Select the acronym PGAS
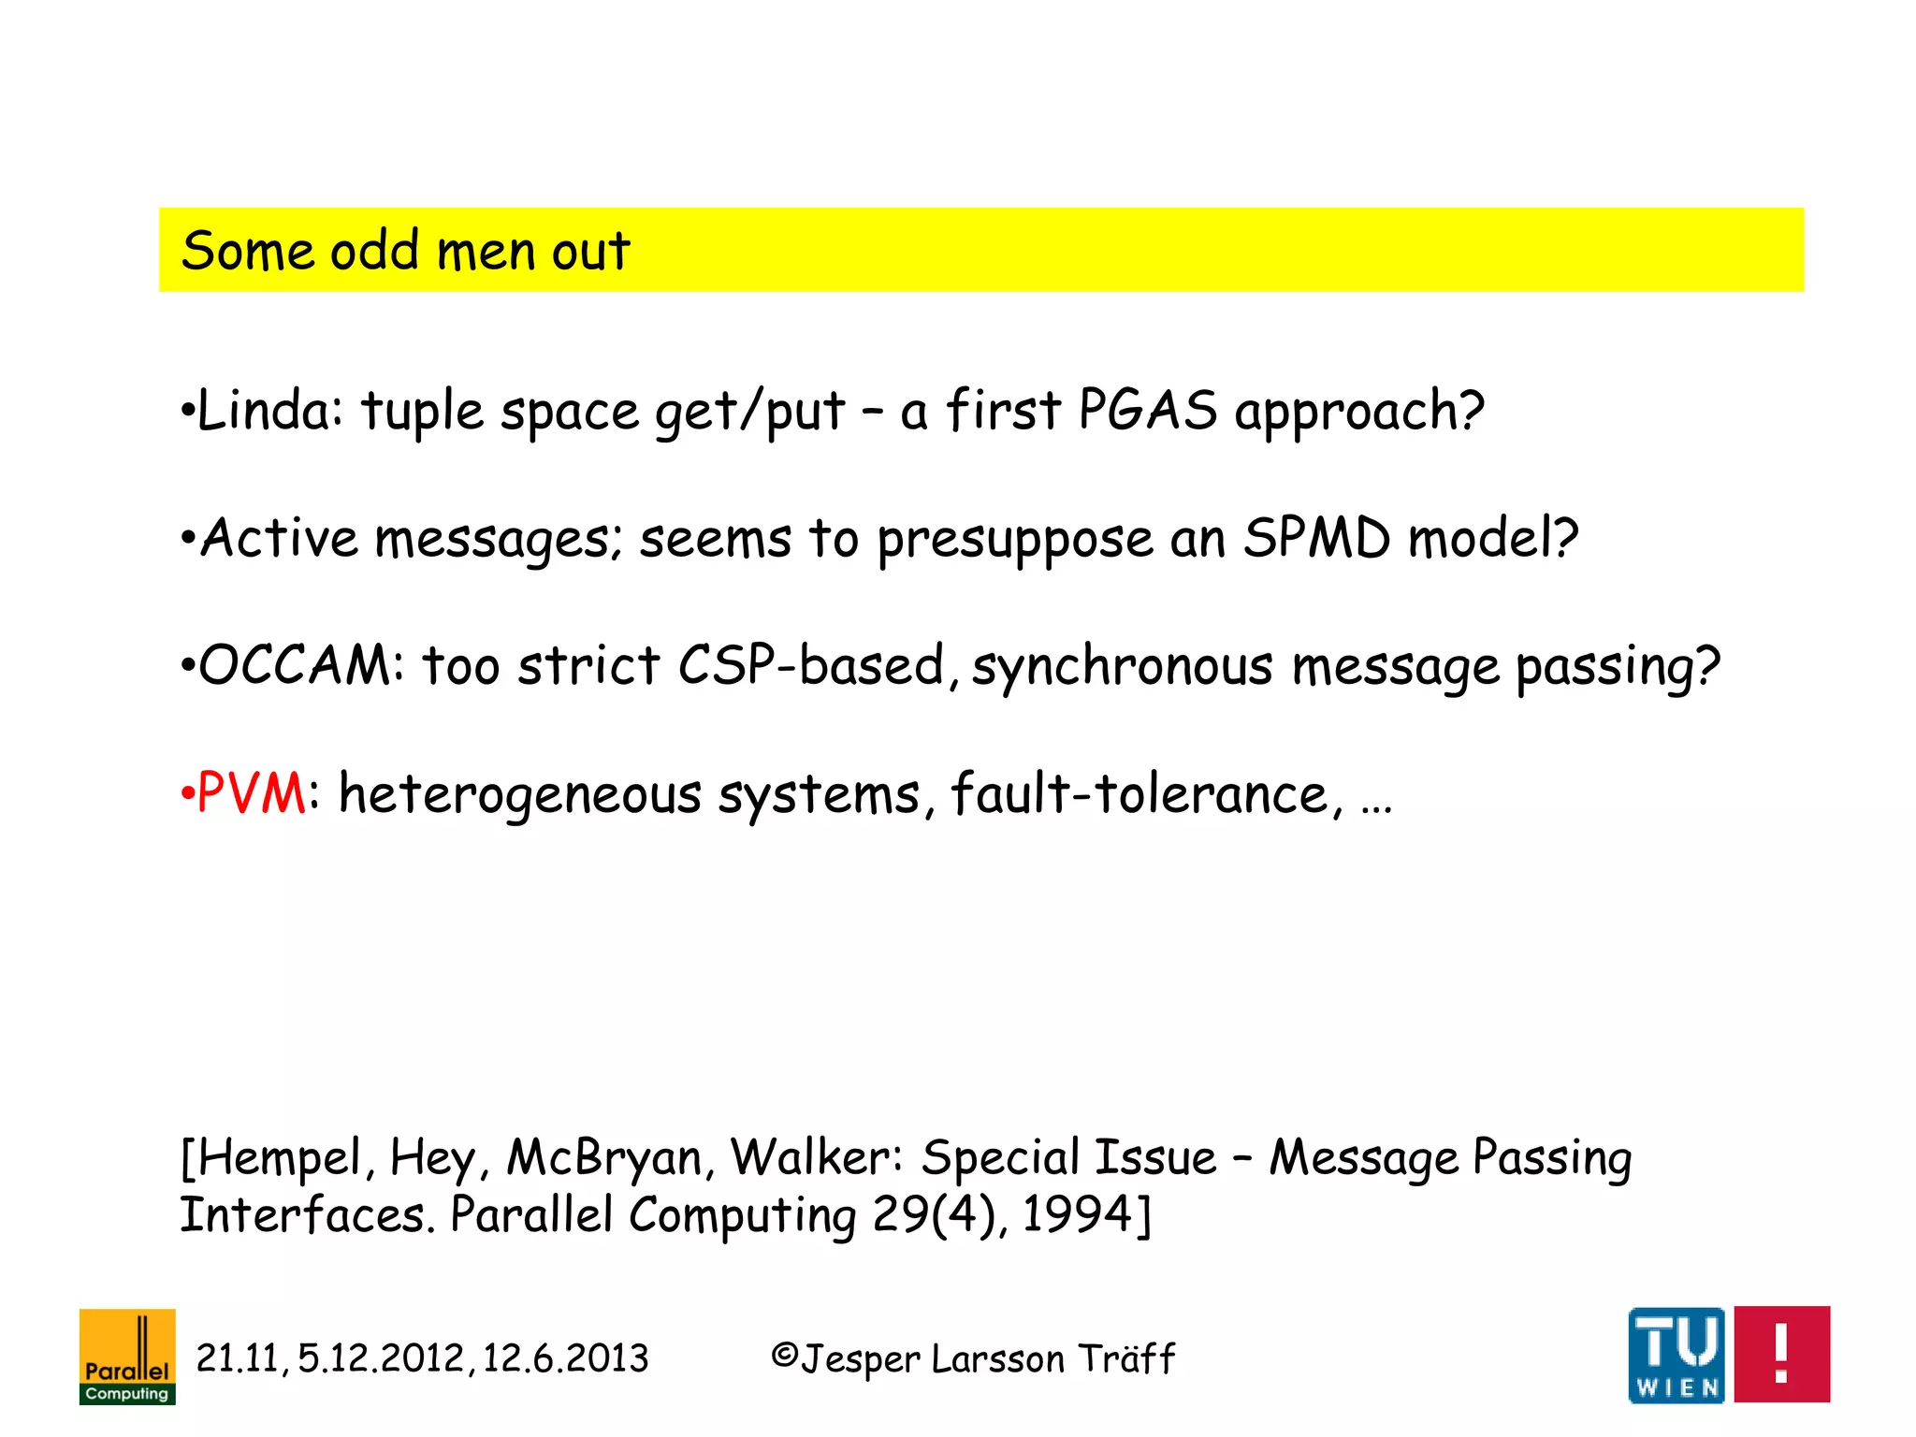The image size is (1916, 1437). click(1147, 411)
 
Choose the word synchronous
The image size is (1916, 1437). click(1123, 667)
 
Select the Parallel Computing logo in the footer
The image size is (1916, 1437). click(127, 1357)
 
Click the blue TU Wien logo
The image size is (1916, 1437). click(1676, 1355)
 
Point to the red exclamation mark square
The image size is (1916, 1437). click(1781, 1354)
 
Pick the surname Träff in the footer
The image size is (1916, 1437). click(1125, 1357)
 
